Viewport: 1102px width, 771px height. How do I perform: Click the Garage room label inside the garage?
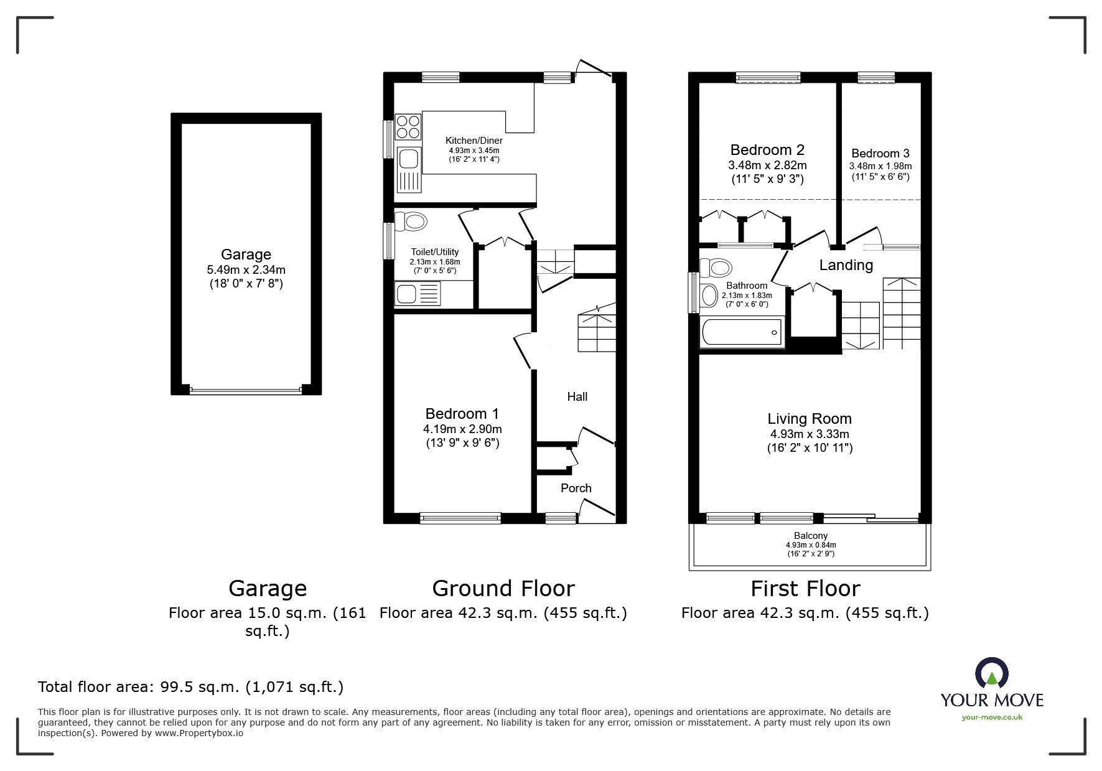pos(246,254)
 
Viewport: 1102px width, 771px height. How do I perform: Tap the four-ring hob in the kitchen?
pos(408,126)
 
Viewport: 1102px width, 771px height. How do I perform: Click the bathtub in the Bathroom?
pos(741,332)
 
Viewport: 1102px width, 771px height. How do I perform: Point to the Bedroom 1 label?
pos(462,414)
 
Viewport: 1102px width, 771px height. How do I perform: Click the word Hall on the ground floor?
pos(577,396)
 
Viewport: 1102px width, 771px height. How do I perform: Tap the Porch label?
pos(576,488)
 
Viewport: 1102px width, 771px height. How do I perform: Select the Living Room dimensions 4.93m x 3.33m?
pos(809,434)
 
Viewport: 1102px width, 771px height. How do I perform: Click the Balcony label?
pos(810,535)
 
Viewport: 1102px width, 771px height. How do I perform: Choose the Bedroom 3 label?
pos(880,153)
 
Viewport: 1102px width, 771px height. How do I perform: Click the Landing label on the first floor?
pos(846,265)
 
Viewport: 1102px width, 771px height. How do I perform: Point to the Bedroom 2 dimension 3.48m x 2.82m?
pos(767,166)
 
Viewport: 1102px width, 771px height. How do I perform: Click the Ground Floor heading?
pos(503,588)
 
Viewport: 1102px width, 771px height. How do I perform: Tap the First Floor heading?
pos(805,588)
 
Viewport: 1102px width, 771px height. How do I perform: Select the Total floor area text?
pos(190,687)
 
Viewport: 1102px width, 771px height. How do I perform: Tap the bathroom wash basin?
pos(709,295)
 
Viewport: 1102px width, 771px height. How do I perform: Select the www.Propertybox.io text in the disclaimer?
pos(199,733)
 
